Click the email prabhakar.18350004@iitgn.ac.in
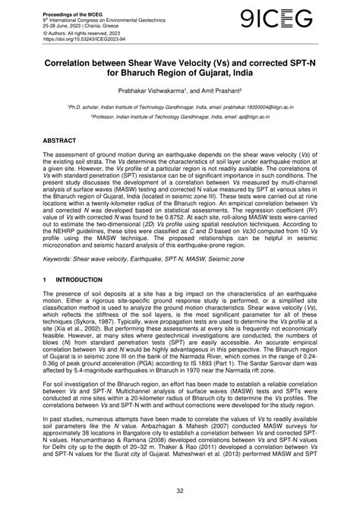pyautogui.click(x=264, y=108)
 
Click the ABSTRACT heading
pyautogui.click(x=63, y=141)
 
